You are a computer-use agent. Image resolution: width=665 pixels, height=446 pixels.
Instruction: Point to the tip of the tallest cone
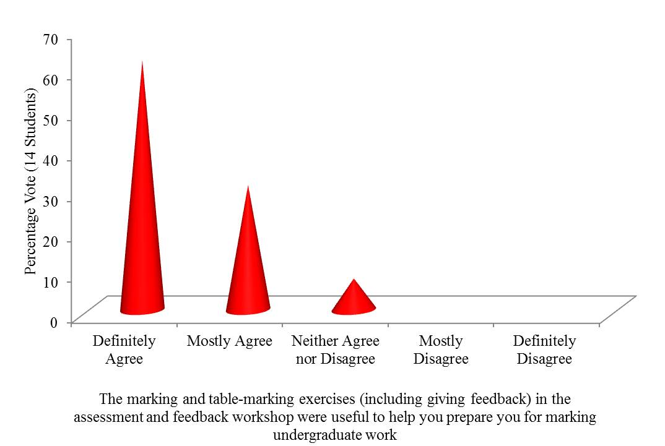(142, 62)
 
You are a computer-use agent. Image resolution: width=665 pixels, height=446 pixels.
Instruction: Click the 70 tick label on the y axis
(50, 39)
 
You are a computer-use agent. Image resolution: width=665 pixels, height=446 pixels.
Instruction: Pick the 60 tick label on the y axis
(50, 80)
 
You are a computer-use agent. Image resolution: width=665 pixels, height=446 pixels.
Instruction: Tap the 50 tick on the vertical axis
(50, 120)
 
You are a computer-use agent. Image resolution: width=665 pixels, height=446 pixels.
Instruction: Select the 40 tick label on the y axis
(50, 160)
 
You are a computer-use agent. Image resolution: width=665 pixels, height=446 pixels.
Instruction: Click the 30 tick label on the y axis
(50, 201)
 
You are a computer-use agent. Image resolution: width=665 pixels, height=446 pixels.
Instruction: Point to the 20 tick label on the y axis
(50, 241)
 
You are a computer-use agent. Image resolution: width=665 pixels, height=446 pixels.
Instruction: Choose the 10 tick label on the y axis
(50, 281)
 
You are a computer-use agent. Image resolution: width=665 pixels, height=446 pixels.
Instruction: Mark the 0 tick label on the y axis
(54, 322)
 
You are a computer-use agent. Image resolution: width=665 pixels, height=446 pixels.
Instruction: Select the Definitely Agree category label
(124, 350)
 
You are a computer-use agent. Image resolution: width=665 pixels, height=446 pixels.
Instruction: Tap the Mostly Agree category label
(230, 341)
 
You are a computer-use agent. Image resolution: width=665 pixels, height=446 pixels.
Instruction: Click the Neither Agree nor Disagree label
(336, 350)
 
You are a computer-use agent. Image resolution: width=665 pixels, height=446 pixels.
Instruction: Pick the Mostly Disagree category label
(441, 350)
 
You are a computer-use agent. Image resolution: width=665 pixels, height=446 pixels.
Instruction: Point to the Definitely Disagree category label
(545, 350)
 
